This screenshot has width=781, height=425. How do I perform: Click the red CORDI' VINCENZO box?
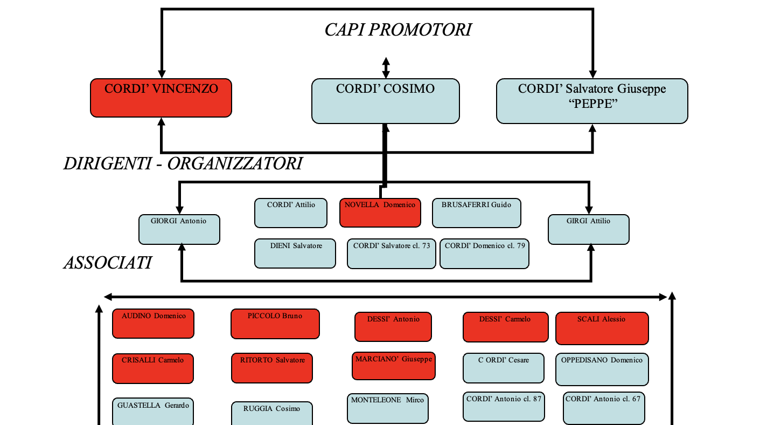point(161,98)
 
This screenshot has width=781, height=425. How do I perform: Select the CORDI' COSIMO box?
point(385,101)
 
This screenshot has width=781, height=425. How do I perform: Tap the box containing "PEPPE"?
point(592,101)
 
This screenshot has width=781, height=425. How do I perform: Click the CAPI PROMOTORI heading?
point(398,30)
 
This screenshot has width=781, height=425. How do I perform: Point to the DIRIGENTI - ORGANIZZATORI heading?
point(183,163)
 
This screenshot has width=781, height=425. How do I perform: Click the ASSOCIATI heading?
point(108,263)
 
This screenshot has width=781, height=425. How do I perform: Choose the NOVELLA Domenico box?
point(380,212)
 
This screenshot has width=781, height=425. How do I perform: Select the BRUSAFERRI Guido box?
point(477,213)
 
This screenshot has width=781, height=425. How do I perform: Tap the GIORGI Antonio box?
point(179,229)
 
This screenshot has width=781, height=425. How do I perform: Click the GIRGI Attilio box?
point(589,229)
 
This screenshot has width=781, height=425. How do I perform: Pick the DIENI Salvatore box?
point(295,253)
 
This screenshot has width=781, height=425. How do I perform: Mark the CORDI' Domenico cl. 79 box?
point(484,253)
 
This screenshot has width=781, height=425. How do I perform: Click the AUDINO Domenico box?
point(153,324)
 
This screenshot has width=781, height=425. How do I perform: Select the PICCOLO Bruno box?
point(275,324)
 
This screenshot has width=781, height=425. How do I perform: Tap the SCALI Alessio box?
point(602,328)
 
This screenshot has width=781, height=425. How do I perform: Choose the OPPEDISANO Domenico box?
point(602,369)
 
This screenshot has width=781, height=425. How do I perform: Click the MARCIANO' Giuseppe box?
point(394,366)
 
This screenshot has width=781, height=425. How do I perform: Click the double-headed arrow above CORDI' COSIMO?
point(386,68)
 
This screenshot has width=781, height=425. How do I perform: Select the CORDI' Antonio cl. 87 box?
point(504,407)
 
